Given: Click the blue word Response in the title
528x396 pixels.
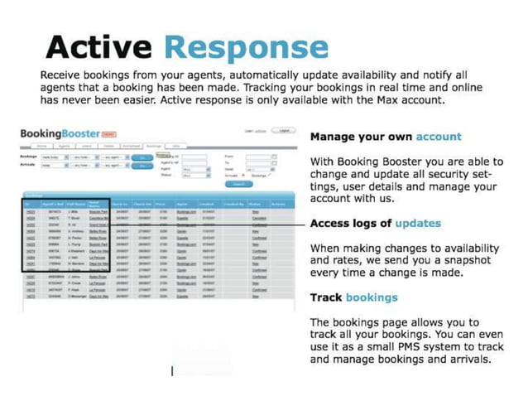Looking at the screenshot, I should [x=246, y=48].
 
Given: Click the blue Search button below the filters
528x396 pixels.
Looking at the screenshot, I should [x=241, y=184].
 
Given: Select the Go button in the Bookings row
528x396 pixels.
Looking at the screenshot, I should [x=142, y=156].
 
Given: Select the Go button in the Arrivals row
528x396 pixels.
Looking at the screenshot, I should [x=142, y=164].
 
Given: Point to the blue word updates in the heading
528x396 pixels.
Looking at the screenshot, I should [x=418, y=223].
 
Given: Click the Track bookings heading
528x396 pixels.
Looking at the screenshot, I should [x=353, y=297].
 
